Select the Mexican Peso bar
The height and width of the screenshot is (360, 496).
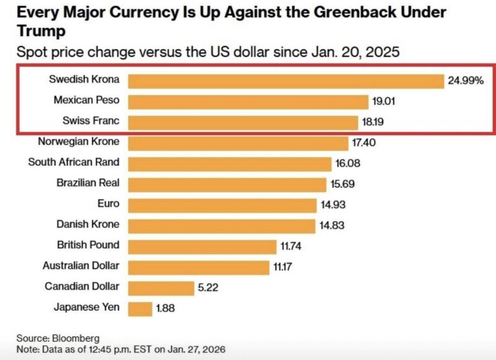click(x=249, y=102)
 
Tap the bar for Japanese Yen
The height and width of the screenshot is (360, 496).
click(x=141, y=309)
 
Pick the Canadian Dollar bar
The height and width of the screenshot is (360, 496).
click(x=162, y=288)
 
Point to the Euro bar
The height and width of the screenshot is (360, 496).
click(x=221, y=205)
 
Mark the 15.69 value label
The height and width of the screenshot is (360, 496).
click(x=341, y=184)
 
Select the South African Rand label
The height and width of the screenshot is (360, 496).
click(x=74, y=162)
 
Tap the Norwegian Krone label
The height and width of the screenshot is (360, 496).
click(x=79, y=142)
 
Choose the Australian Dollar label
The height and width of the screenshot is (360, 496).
click(x=81, y=266)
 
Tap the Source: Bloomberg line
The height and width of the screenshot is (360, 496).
click(x=49, y=338)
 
